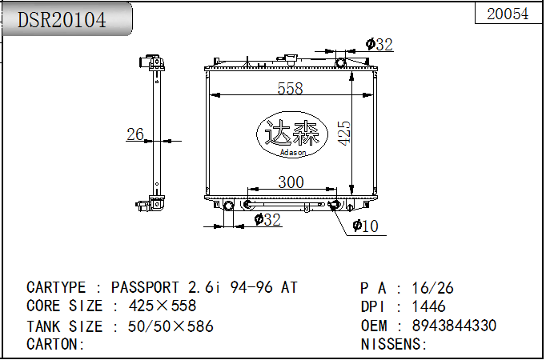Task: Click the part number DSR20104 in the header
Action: pos(62,20)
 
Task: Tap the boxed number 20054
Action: pos(508,14)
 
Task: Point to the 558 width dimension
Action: pos(290,88)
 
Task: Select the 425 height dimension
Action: pos(344,133)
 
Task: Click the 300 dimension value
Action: pos(291,182)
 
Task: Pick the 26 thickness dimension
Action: pos(135,134)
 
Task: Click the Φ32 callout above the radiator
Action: pos(379,45)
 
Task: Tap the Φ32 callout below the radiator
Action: pos(267,219)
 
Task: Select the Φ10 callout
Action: pos(365,226)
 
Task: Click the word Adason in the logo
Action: pos(293,152)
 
